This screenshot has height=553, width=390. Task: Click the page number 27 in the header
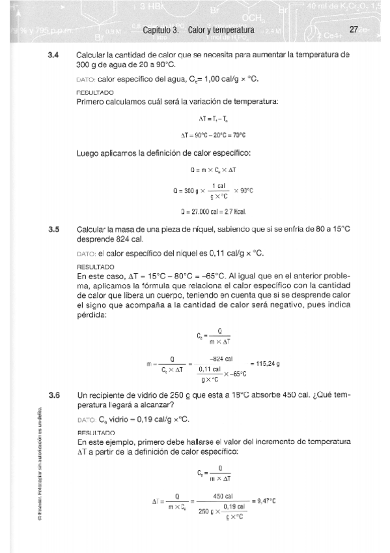pos(354,30)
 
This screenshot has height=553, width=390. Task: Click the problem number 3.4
pos(54,55)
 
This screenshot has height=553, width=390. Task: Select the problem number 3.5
pos(54,230)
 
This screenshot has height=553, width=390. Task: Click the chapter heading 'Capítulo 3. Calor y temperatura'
pos(197,30)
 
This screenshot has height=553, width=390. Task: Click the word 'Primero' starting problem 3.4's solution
pos(91,102)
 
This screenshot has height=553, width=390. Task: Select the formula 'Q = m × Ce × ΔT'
pos(213,170)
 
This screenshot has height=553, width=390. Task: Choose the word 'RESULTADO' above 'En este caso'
pos(95,267)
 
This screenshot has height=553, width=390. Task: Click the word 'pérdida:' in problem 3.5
pos(91,316)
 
